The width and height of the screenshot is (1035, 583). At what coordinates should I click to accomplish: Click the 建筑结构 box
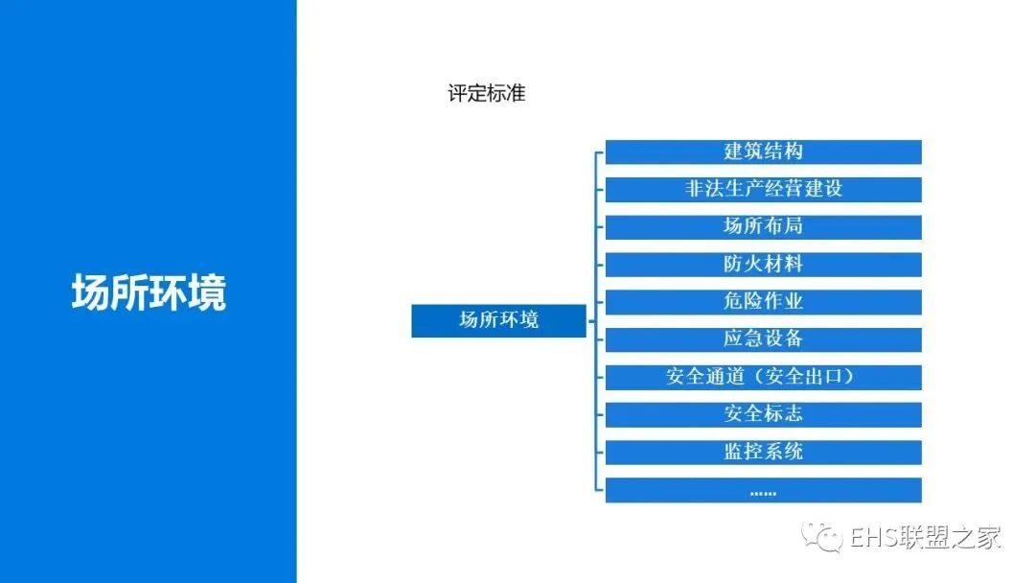pyautogui.click(x=763, y=152)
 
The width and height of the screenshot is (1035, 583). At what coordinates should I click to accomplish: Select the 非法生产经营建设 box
pyautogui.click(x=763, y=189)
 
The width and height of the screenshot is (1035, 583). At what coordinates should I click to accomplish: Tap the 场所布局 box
pyautogui.click(x=763, y=226)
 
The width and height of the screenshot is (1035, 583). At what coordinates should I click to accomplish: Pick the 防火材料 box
pyautogui.click(x=763, y=264)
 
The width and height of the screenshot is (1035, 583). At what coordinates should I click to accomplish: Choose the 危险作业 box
pyautogui.click(x=763, y=301)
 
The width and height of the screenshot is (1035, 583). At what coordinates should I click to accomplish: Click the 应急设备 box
pyautogui.click(x=763, y=338)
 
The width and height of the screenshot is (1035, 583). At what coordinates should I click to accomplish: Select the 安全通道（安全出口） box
pyautogui.click(x=763, y=377)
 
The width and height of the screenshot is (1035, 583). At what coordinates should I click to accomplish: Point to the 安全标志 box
pyautogui.click(x=763, y=414)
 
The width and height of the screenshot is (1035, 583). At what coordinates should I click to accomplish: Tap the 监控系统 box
pyautogui.click(x=763, y=452)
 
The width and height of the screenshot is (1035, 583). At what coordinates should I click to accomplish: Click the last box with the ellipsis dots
pyautogui.click(x=763, y=490)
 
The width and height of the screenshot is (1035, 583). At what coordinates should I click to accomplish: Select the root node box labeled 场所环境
pyautogui.click(x=498, y=320)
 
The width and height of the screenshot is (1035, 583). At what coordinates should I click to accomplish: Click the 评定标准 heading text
pyautogui.click(x=487, y=94)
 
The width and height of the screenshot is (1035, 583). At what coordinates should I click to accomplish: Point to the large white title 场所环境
pyautogui.click(x=149, y=292)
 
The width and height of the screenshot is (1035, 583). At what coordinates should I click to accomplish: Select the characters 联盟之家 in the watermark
pyautogui.click(x=949, y=538)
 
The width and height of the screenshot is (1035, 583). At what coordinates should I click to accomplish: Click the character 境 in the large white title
pyautogui.click(x=207, y=292)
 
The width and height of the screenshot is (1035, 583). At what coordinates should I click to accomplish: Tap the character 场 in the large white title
pyautogui.click(x=91, y=292)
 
